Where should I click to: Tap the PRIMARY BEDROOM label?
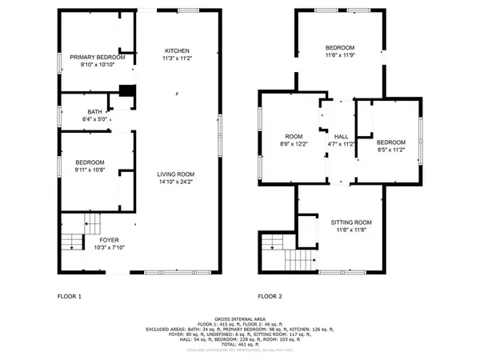pyautogui.click(x=97, y=57)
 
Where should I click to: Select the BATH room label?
pyautogui.click(x=94, y=112)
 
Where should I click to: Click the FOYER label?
pyautogui.click(x=109, y=239)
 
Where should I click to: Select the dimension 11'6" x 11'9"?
pyautogui.click(x=341, y=56)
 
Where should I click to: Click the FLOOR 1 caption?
pyautogui.click(x=69, y=297)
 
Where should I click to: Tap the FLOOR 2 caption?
pyautogui.click(x=270, y=297)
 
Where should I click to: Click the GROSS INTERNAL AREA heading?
pyautogui.click(x=239, y=317)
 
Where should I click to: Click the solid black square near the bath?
pyautogui.click(x=125, y=91)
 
